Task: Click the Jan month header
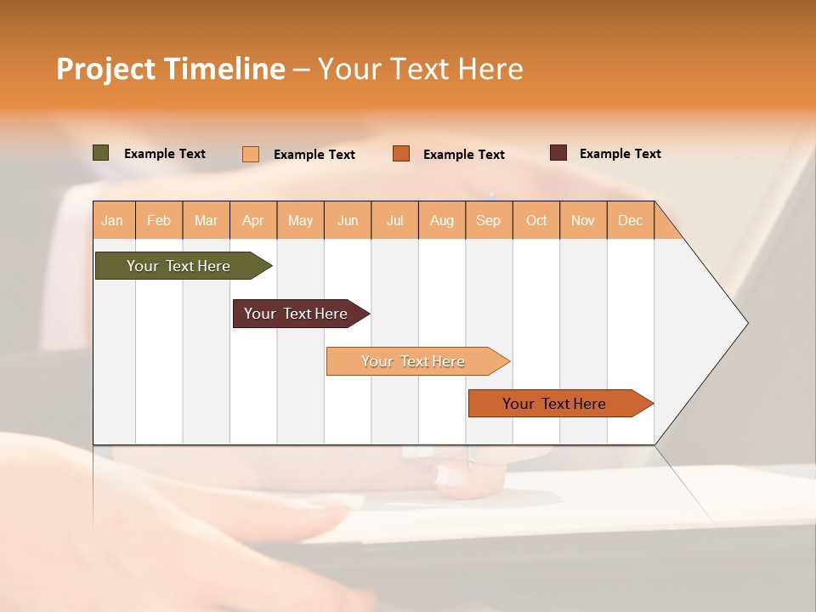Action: pos(113,220)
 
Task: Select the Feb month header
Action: pos(159,220)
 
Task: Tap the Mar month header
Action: pos(206,220)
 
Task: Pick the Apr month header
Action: pos(253,220)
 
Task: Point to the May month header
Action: pos(300,220)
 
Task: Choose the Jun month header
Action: pos(348,220)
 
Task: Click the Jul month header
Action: pos(394,220)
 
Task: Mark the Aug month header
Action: pos(442,220)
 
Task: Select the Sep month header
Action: pos(489,220)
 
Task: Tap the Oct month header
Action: pos(536,220)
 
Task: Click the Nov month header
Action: pos(583,220)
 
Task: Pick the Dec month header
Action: pos(631,220)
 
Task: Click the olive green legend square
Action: pos(101,153)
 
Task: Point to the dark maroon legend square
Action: pos(558,153)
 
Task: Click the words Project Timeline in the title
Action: pos(171,69)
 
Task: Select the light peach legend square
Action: pos(251,154)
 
